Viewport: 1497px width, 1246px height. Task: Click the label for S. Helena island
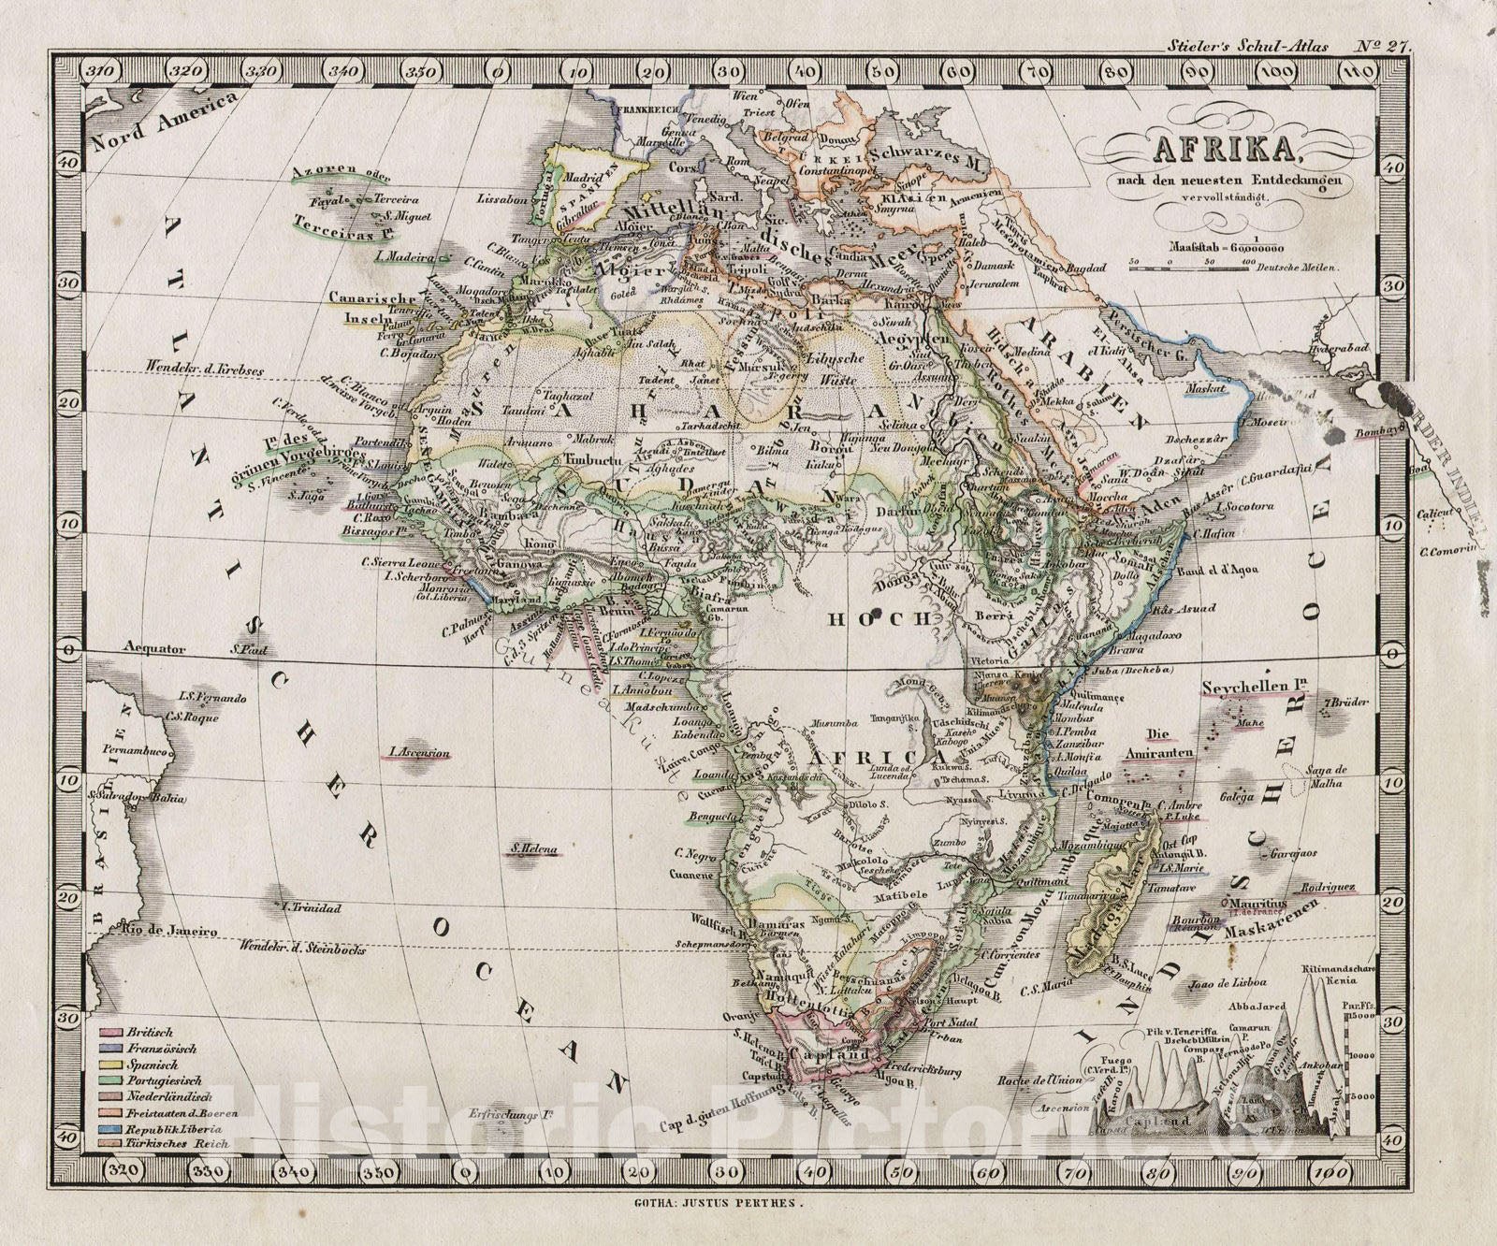tap(533, 850)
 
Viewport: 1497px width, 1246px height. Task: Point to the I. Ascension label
tap(419, 752)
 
